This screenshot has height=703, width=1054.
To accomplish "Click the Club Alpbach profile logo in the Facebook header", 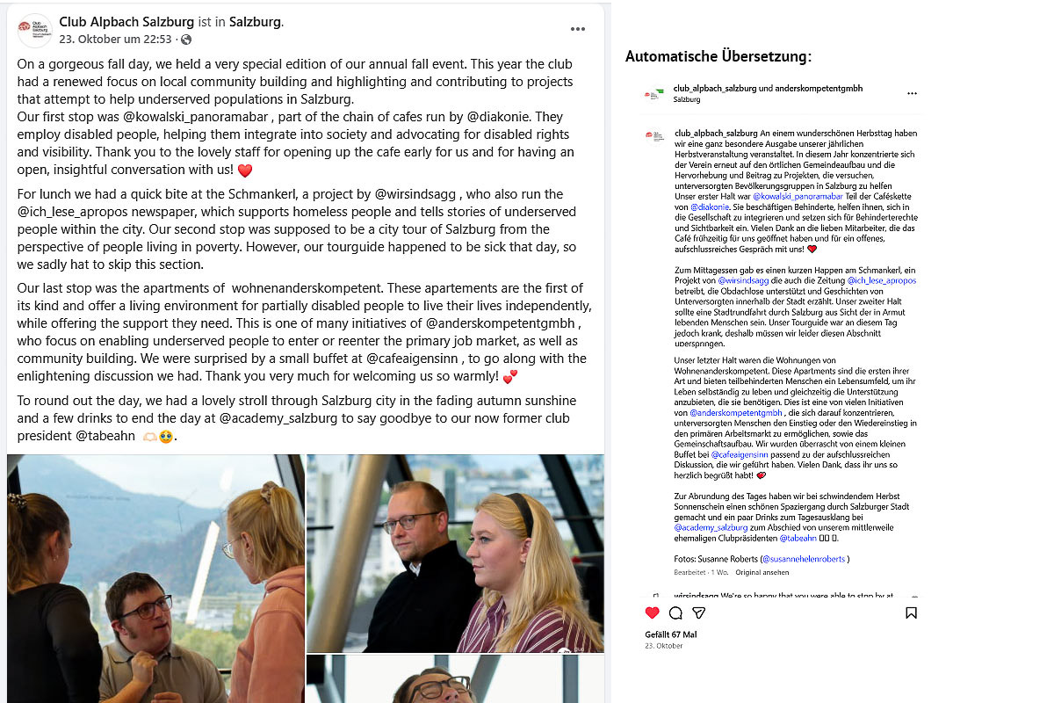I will point(35,30).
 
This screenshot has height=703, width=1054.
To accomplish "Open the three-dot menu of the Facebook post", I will point(577,29).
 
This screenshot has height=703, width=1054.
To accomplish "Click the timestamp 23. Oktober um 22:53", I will point(115,40).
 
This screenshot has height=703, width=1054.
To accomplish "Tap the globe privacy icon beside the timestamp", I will point(186,40).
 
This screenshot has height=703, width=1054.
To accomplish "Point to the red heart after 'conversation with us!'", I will point(245,170).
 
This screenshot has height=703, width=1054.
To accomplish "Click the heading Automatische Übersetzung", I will point(718,57).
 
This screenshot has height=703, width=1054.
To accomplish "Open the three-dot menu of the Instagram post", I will point(912,93).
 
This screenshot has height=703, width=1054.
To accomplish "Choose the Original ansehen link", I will point(762,572).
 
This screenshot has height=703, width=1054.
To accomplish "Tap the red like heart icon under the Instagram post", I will point(652,612).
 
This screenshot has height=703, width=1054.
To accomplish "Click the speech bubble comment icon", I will point(675,612).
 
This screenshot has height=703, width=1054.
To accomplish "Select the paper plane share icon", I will point(699,612).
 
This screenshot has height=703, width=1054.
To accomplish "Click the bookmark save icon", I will point(911,612).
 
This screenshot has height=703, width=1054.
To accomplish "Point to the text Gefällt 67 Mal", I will point(670,634).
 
